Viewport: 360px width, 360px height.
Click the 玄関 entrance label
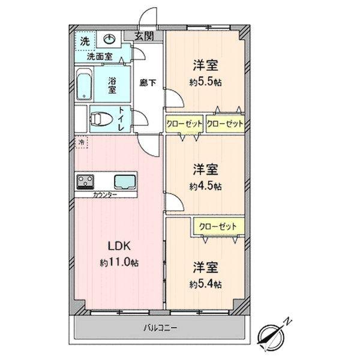pyautogui.click(x=144, y=36)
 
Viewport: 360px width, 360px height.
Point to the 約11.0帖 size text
pyautogui.click(x=119, y=263)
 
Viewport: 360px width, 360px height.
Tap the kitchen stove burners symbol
pyautogui.click(x=85, y=181)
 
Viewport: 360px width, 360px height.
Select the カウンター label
pyautogui.click(x=105, y=196)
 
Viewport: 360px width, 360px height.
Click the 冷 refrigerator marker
pyautogui.click(x=80, y=142)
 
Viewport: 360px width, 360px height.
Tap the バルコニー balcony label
pyautogui.click(x=160, y=328)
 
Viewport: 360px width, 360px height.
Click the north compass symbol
pyautogui.click(x=274, y=332)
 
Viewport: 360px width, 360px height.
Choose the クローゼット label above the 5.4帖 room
pyautogui.click(x=214, y=226)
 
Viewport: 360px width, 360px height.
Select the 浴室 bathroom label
pyautogui.click(x=112, y=85)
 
